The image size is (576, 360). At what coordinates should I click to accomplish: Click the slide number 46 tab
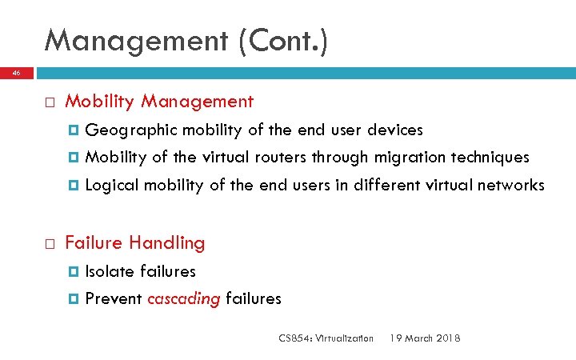pyautogui.click(x=16, y=72)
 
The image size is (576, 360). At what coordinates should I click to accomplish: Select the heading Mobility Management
pyautogui.click(x=159, y=102)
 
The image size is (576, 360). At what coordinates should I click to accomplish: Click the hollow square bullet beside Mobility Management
pyautogui.click(x=49, y=102)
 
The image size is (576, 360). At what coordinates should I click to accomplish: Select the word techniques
pyautogui.click(x=494, y=157)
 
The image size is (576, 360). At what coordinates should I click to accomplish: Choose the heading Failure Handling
pyautogui.click(x=134, y=242)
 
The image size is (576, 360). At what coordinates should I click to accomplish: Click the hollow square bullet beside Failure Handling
pyautogui.click(x=49, y=243)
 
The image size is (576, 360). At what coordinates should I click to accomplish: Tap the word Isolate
pyautogui.click(x=110, y=271)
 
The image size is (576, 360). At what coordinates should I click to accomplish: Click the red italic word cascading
pyautogui.click(x=184, y=299)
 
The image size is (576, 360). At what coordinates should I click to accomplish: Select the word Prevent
pyautogui.click(x=114, y=299)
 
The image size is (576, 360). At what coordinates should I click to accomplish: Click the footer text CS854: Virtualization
pyautogui.click(x=326, y=338)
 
